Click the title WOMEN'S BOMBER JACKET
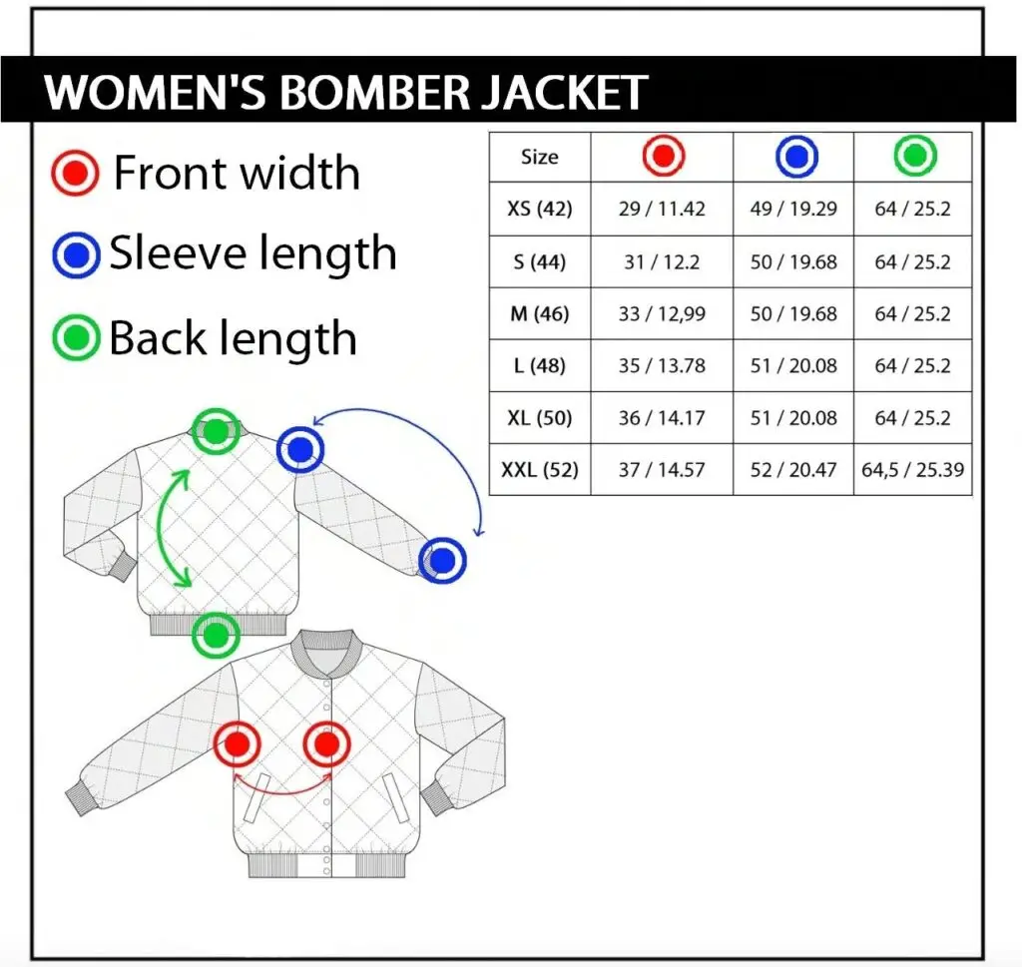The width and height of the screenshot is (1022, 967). pyautogui.click(x=346, y=93)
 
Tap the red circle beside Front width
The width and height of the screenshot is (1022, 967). pyautogui.click(x=75, y=174)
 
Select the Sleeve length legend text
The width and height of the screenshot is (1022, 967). pyautogui.click(x=253, y=253)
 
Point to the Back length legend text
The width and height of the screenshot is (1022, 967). pyautogui.click(x=233, y=338)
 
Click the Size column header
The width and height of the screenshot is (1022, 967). pyautogui.click(x=539, y=157)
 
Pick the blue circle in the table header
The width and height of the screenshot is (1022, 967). pyautogui.click(x=795, y=157)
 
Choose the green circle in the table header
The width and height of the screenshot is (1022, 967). pyautogui.click(x=914, y=156)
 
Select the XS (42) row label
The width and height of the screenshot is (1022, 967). pyautogui.click(x=539, y=210)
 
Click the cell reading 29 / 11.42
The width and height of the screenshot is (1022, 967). pyautogui.click(x=662, y=210)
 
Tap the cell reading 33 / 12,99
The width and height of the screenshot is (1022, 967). pyautogui.click(x=662, y=314)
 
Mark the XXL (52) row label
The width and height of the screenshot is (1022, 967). pyautogui.click(x=539, y=469)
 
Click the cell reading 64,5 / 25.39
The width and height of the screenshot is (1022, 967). pyautogui.click(x=913, y=469)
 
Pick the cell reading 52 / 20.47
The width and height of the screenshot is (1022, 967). pyautogui.click(x=793, y=469)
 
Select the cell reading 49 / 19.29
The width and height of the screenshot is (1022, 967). pyautogui.click(x=793, y=210)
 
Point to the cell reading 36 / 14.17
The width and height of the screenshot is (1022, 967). pyautogui.click(x=662, y=417)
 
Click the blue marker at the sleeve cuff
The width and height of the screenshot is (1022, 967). pyautogui.click(x=442, y=560)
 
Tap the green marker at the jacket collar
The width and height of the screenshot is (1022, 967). pyautogui.click(x=216, y=432)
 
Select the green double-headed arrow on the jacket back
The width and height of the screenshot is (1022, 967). pyautogui.click(x=176, y=529)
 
